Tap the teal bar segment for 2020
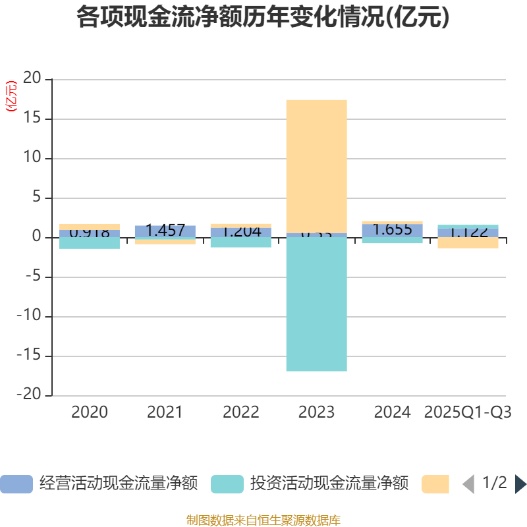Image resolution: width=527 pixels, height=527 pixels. pyautogui.click(x=90, y=243)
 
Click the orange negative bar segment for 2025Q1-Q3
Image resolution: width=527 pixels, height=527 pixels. pyautogui.click(x=468, y=243)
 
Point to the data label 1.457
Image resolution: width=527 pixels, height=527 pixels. pyautogui.click(x=165, y=231)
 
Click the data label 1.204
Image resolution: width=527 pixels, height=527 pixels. pyautogui.click(x=240, y=232)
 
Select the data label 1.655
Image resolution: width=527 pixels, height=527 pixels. pyautogui.click(x=392, y=230)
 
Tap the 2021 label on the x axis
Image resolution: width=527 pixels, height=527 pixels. pyautogui.click(x=165, y=412)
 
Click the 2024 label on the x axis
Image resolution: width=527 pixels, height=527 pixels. pyautogui.click(x=392, y=412)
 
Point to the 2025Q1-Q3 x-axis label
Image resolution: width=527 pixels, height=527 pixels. pyautogui.click(x=468, y=412)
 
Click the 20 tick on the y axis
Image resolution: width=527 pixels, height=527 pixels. pyautogui.click(x=32, y=79)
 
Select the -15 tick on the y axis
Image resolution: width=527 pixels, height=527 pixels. pyautogui.click(x=29, y=356)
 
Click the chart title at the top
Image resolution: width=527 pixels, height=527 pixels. pyautogui.click(x=263, y=18)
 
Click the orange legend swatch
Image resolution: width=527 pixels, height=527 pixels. pyautogui.click(x=435, y=484)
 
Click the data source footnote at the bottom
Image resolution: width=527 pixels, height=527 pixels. pyautogui.click(x=263, y=520)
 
